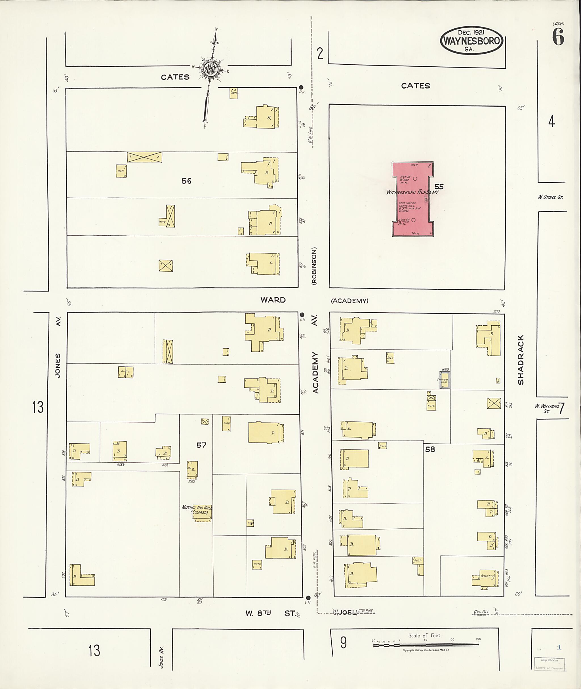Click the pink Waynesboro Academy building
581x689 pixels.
tap(413, 199)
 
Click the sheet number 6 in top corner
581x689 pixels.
tap(558, 37)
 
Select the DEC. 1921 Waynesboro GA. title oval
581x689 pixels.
tap(471, 41)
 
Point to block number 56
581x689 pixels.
tap(186, 181)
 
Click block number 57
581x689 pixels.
tap(201, 445)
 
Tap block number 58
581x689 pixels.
tap(430, 449)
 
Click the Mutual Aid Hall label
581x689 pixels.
tap(197, 510)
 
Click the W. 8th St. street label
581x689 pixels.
tap(271, 613)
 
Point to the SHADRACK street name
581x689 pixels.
tap(521, 360)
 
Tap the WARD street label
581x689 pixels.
tap(273, 300)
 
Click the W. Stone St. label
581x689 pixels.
tap(550, 197)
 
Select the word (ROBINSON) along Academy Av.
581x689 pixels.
tap(314, 266)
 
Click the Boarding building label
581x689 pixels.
tap(487, 576)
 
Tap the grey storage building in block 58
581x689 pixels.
tap(445, 380)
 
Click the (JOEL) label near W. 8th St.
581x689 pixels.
tap(347, 613)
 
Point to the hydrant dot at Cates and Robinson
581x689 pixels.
tap(301, 87)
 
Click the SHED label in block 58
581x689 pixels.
tap(390, 358)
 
